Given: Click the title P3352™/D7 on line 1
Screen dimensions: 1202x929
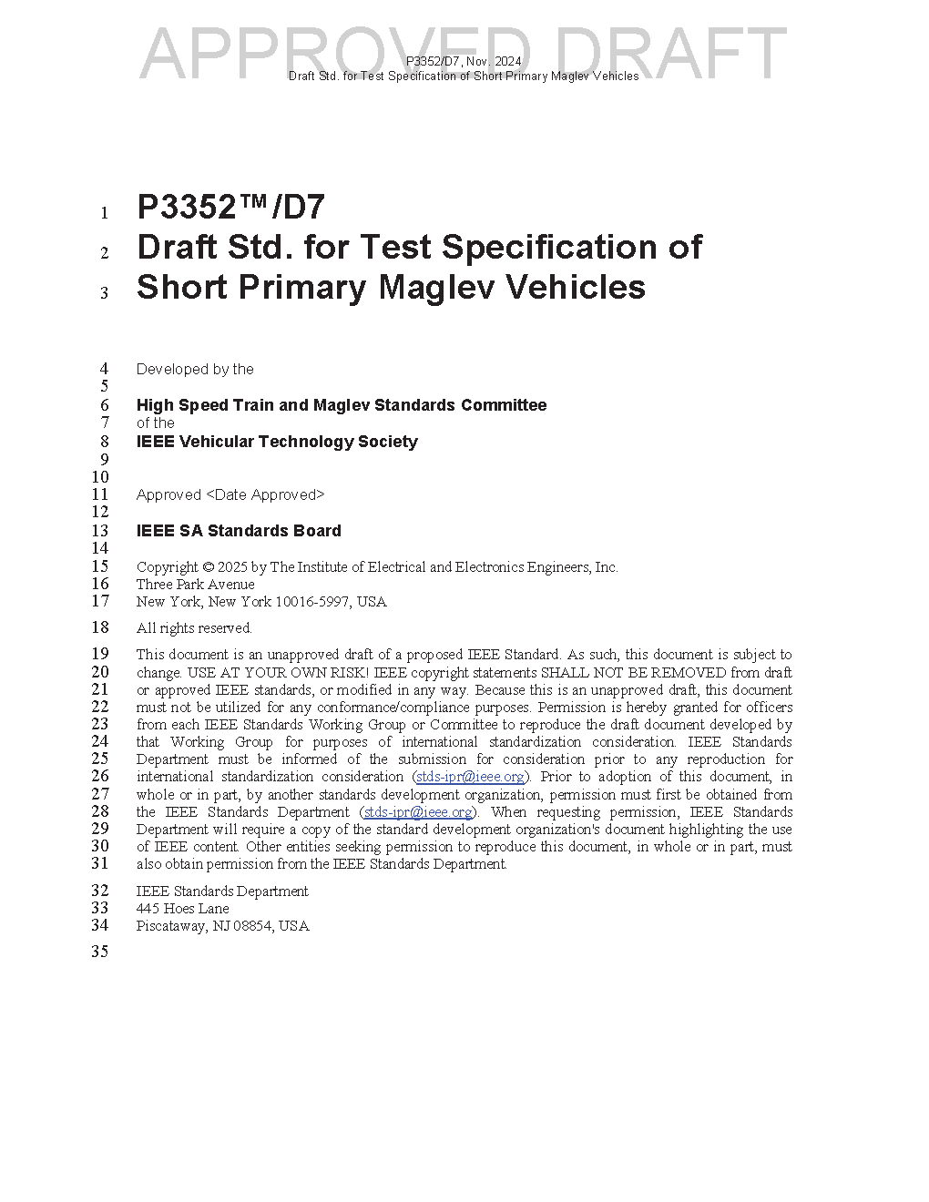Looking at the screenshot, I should (x=230, y=209).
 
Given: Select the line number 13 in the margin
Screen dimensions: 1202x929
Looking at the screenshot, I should (x=99, y=531).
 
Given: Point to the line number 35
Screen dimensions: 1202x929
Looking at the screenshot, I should (x=99, y=952).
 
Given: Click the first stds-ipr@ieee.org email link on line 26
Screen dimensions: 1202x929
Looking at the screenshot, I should (x=470, y=777).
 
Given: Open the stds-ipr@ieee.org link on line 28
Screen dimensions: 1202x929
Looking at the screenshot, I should (x=418, y=811).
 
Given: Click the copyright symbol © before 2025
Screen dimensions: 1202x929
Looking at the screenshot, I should (x=208, y=567).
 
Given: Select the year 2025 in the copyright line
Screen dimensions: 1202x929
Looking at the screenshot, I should (x=232, y=567).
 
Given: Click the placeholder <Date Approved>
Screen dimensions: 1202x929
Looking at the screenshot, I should (x=265, y=495).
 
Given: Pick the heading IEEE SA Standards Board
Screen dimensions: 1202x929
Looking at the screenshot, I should (x=239, y=531).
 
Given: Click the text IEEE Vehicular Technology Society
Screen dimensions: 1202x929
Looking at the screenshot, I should (x=277, y=442).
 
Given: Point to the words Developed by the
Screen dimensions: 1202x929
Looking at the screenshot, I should (x=195, y=370).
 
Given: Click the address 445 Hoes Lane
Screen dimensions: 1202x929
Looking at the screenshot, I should (x=182, y=908).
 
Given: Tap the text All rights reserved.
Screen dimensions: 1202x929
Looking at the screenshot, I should (x=194, y=628).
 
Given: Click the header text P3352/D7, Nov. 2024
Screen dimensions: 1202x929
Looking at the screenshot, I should (x=464, y=61).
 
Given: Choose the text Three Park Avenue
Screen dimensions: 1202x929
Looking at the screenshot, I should (x=195, y=585).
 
